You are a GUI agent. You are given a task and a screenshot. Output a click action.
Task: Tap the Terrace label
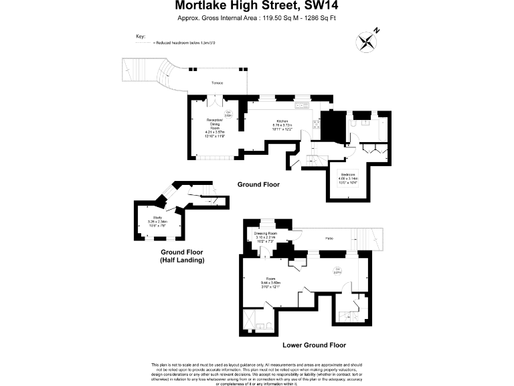pos(217,82)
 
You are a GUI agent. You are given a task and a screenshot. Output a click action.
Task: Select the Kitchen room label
pos(283,121)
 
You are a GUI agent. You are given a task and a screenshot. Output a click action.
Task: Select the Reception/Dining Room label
pos(216,125)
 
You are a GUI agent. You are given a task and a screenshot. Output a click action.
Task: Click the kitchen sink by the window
pos(301,105)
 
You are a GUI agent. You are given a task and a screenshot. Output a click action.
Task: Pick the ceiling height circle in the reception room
pos(228,114)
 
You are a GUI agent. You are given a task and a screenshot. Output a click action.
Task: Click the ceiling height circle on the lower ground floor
pos(337,271)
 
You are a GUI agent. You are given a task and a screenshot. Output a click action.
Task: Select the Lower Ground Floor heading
pos(314,345)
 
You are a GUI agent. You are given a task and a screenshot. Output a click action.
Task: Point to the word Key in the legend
pos(141,36)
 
